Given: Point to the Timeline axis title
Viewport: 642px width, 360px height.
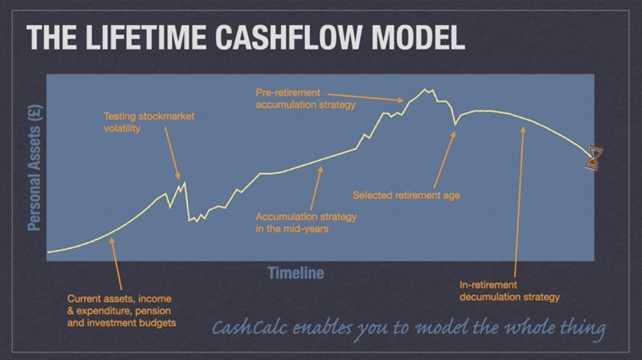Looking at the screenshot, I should (296, 273).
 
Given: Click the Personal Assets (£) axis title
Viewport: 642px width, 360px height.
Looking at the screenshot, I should (35, 166).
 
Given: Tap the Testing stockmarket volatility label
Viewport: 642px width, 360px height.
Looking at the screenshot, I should (149, 122).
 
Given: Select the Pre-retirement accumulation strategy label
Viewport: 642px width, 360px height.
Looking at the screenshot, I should (305, 98).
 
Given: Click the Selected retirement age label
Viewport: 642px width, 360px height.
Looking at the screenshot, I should (406, 195).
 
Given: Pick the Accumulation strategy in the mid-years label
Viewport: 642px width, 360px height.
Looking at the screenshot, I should (306, 223).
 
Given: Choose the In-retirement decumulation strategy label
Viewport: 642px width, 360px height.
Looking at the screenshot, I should (509, 291).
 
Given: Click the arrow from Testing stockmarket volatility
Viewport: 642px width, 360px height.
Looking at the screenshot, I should (172, 153).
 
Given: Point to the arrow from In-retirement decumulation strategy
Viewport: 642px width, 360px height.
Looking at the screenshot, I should (518, 201).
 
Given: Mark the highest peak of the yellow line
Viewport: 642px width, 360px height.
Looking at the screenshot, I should (425, 90).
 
